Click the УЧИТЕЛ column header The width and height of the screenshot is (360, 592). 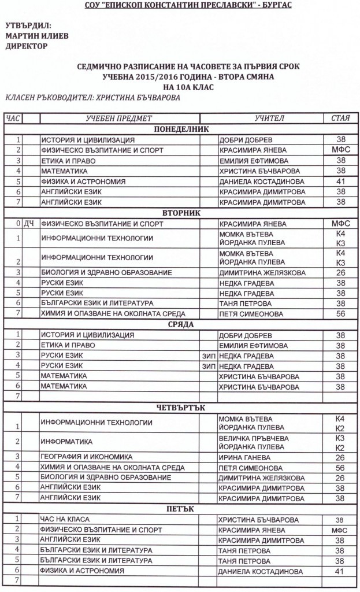pyautogui.click(x=269, y=118)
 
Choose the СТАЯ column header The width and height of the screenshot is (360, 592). pyautogui.click(x=340, y=118)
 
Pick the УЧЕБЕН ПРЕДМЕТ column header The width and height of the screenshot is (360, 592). pyautogui.click(x=119, y=118)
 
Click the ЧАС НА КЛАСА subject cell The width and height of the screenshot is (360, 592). pyautogui.click(x=64, y=519)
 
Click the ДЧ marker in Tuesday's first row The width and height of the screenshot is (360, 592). pyautogui.click(x=30, y=223)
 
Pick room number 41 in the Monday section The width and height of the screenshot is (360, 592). pyautogui.click(x=340, y=182)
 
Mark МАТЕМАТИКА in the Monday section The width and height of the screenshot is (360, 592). pyautogui.click(x=64, y=172)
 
